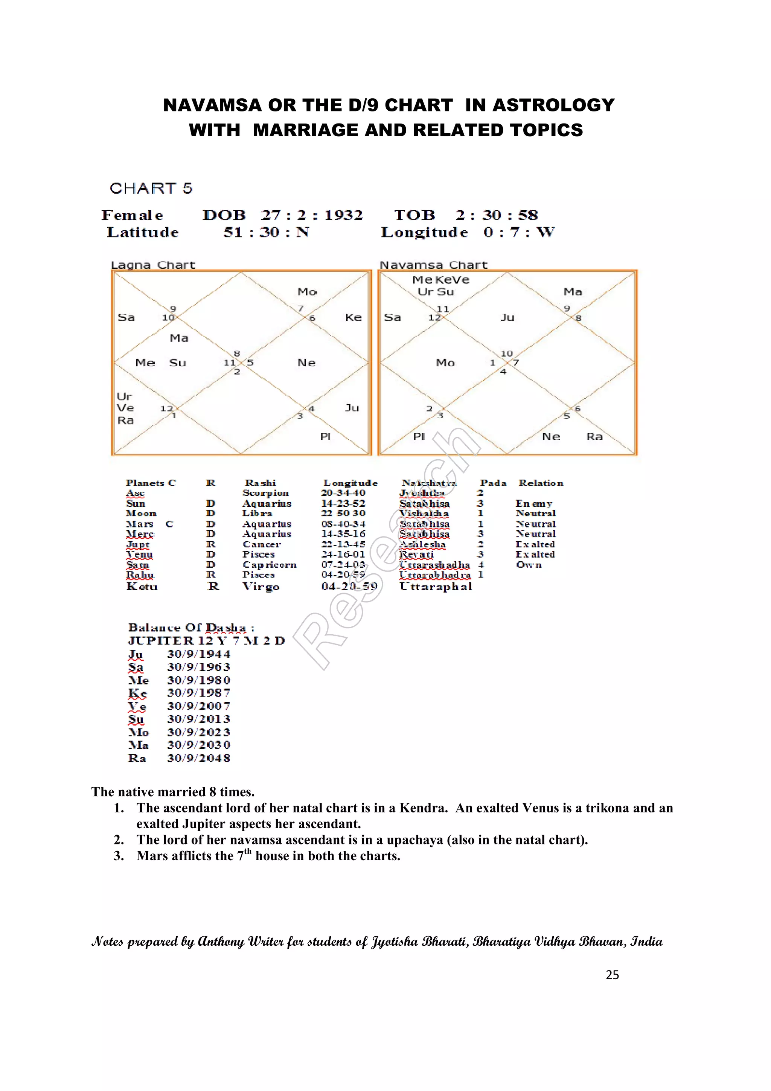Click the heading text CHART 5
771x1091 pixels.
click(151, 188)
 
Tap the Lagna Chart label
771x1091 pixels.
click(153, 265)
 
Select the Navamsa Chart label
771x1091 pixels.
click(433, 265)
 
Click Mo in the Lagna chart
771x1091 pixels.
click(307, 292)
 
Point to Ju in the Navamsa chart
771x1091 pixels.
click(507, 317)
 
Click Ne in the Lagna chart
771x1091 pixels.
click(306, 363)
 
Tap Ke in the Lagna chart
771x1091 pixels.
click(353, 317)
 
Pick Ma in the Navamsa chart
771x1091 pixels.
click(573, 292)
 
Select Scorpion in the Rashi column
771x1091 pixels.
click(265, 493)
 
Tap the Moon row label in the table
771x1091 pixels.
click(141, 514)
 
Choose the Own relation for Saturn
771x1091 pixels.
click(529, 565)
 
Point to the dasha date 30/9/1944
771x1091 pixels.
click(198, 654)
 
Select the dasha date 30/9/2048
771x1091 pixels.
click(198, 758)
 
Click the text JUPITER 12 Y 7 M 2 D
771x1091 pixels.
click(206, 641)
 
